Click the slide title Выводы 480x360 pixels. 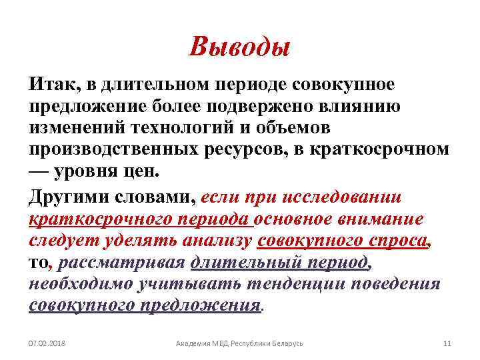click(x=239, y=47)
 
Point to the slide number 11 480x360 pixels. click(x=447, y=343)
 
